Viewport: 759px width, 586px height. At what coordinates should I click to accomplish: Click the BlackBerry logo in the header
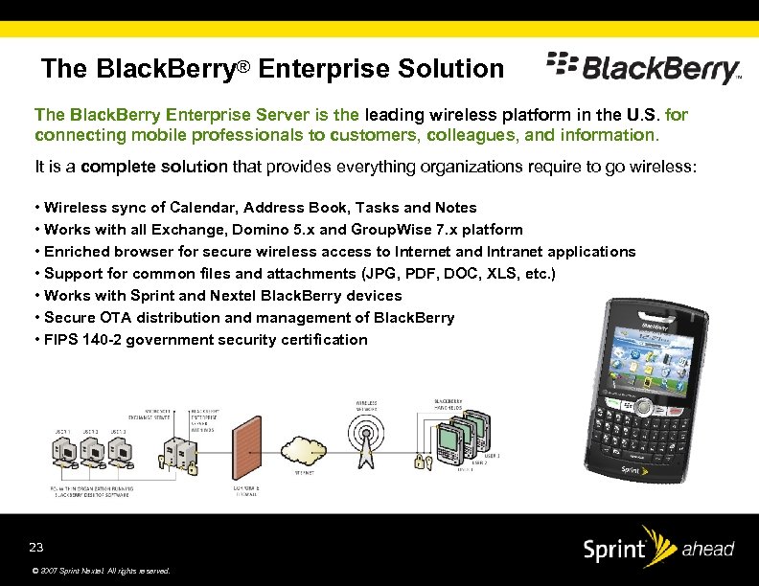tap(643, 68)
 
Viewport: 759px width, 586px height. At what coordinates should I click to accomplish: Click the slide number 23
tap(36, 547)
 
